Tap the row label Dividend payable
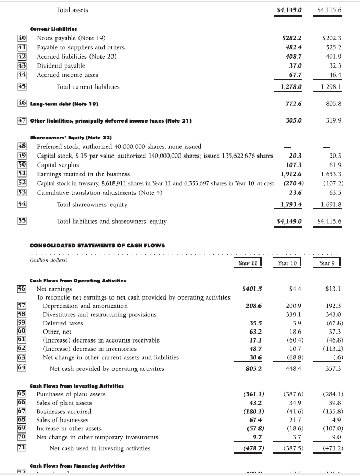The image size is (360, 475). (61, 65)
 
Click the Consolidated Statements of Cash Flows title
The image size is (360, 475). (97, 245)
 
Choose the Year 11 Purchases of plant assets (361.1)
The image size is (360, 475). (253, 394)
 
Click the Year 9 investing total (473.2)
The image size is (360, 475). (331, 448)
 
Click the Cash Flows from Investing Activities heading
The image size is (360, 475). (73, 385)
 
